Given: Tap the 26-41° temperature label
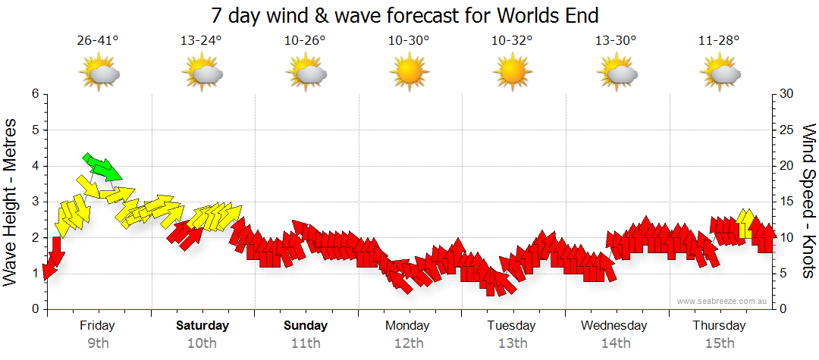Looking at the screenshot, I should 98,41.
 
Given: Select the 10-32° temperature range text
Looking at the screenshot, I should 511,41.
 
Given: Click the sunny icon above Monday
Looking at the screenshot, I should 408,73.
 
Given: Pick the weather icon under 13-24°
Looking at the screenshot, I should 202,74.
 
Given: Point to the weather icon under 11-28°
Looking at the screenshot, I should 720,74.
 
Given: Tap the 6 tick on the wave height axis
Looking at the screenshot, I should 34,94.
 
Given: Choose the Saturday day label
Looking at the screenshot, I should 202,326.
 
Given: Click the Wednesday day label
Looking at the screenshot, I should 614,326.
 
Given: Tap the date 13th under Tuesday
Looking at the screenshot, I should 512,343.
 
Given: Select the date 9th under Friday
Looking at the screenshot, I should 98,343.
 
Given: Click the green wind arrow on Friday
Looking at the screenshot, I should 101,167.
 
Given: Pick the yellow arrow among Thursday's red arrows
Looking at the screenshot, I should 745,224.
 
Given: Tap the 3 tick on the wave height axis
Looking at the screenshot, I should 34,202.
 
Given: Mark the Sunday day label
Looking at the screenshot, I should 306,326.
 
